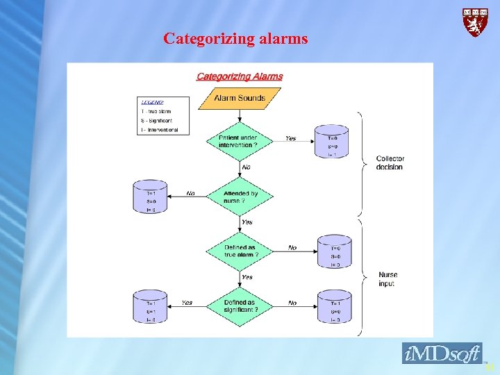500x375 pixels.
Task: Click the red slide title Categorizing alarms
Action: pyautogui.click(x=235, y=39)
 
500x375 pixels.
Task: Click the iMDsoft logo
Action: pyautogui.click(x=442, y=353)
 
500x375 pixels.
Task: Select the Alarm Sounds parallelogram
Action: pyautogui.click(x=240, y=98)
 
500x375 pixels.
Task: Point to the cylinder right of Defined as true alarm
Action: pyautogui.click(x=335, y=251)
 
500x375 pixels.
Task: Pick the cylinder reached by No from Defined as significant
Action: pyautogui.click(x=335, y=307)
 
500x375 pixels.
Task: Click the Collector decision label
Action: pyautogui.click(x=390, y=162)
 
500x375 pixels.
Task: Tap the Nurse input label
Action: pyautogui.click(x=388, y=279)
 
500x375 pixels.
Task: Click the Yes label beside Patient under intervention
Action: pyautogui.click(x=290, y=138)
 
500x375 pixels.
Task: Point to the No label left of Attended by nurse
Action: pyautogui.click(x=190, y=194)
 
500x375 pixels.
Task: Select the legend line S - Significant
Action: pyautogui.click(x=156, y=120)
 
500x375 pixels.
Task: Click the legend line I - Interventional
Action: pyautogui.click(x=159, y=130)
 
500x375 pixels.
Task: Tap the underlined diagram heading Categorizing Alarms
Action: pyautogui.click(x=240, y=76)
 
